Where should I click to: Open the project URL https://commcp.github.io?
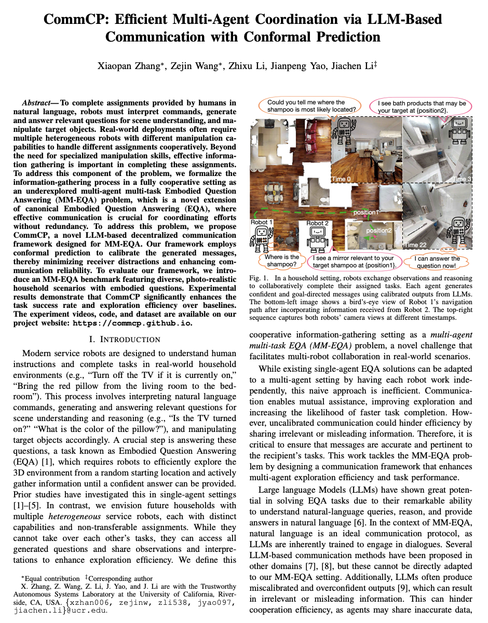click(131, 322)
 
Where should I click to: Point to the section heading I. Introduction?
click(125, 340)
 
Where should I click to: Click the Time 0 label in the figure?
click(342, 179)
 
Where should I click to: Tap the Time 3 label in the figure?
click(462, 179)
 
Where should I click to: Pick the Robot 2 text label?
click(317, 223)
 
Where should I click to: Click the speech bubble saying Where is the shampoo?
click(281, 261)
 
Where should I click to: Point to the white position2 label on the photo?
click(379, 231)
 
